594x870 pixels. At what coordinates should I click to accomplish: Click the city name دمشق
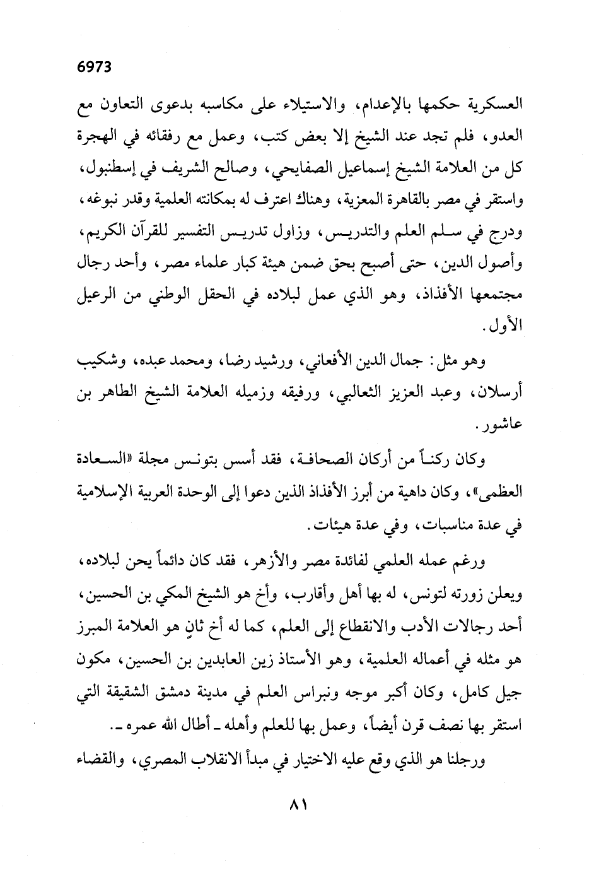[152, 692]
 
